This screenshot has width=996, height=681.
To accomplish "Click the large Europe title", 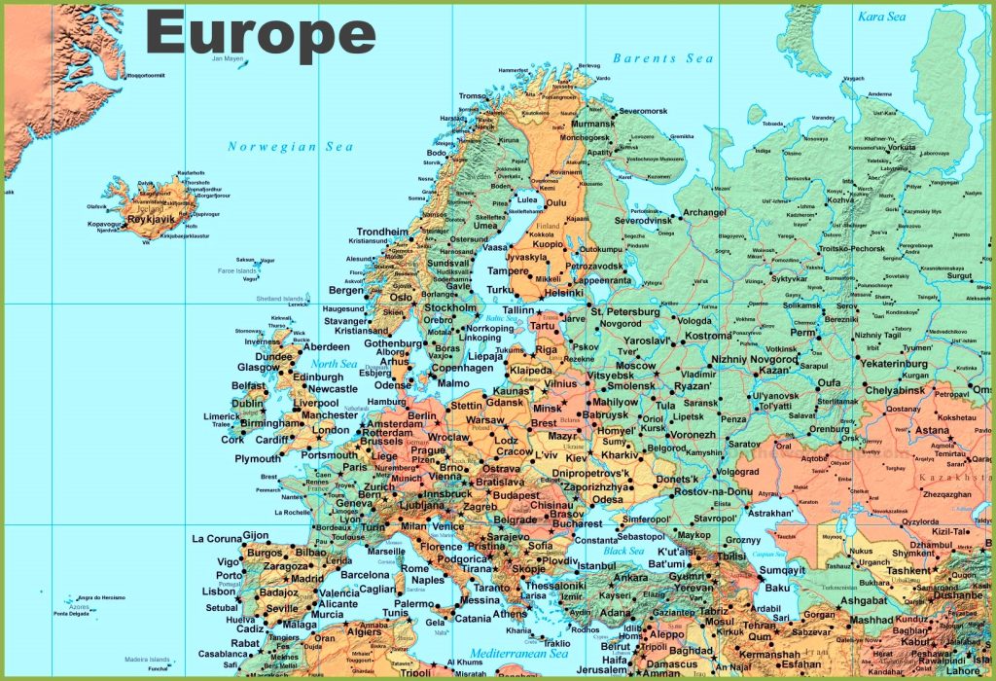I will [x=261, y=34].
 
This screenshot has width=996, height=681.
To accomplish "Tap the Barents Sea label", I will [x=662, y=58].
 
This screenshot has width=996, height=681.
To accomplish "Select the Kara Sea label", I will [x=882, y=17].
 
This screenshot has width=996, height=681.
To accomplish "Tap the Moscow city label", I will [x=635, y=366].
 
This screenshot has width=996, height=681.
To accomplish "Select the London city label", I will [x=331, y=430].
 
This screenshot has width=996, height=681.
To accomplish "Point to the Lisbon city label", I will [x=219, y=591].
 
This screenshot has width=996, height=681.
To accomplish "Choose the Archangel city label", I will [x=704, y=212].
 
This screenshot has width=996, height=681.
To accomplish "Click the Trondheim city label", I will [x=382, y=232].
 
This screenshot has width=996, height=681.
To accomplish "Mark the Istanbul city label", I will [x=595, y=565].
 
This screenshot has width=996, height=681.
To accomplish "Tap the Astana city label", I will [x=933, y=430].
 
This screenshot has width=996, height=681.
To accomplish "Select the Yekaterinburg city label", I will [x=900, y=365].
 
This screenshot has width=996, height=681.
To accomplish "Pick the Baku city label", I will [x=777, y=588].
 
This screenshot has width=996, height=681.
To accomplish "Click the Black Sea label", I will [x=623, y=551].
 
